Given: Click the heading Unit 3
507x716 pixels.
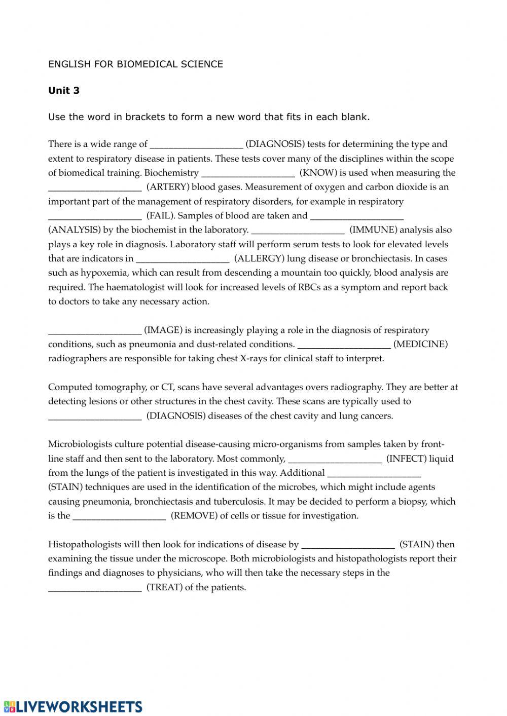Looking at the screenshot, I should click(x=64, y=91).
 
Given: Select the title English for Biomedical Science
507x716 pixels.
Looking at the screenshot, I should click(x=135, y=64).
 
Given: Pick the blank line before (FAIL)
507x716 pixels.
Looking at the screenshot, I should click(x=95, y=216).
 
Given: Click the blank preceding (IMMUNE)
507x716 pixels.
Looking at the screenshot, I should click(x=298, y=231).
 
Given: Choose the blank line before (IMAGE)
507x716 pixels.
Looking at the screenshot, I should click(x=95, y=331).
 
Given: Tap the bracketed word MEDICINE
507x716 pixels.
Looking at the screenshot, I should click(x=420, y=345).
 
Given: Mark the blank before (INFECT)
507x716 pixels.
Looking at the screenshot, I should click(x=335, y=460).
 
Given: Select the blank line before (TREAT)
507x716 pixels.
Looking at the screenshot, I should click(x=95, y=588).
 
